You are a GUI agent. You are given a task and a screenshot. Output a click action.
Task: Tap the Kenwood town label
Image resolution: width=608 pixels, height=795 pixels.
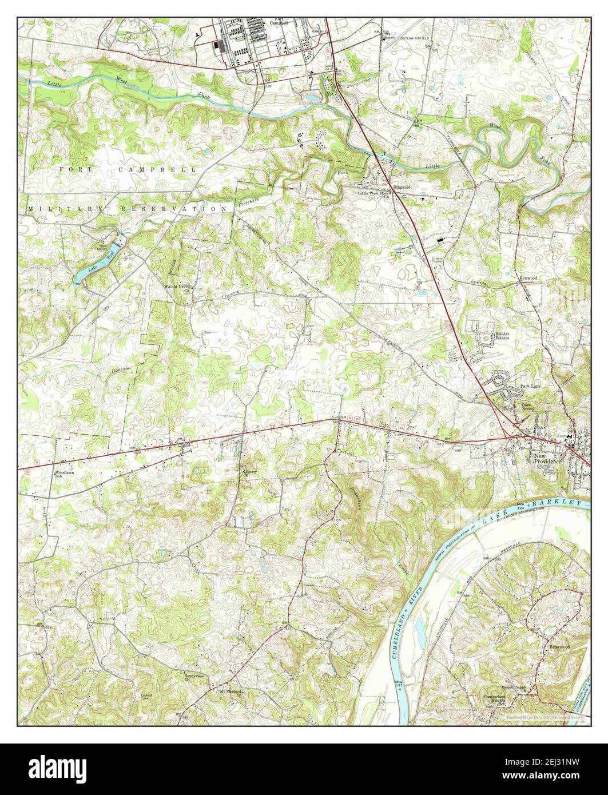pyautogui.click(x=528, y=278)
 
